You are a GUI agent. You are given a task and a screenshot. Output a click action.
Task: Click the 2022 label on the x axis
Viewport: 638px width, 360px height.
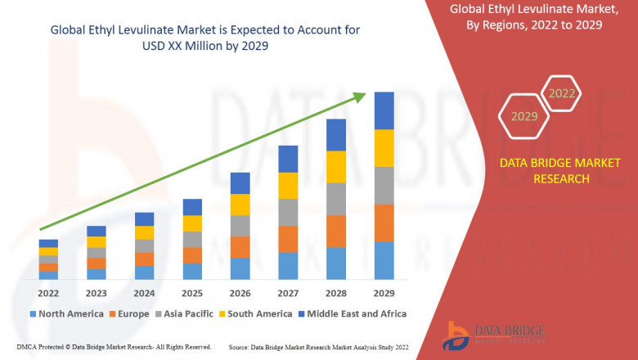tap(47, 293)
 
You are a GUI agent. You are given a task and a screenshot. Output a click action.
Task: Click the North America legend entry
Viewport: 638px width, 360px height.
tap(66, 313)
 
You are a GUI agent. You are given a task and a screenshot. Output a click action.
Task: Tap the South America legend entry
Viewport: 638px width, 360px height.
tap(256, 313)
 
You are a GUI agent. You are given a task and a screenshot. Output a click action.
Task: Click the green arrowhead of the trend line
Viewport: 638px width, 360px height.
tap(360, 97)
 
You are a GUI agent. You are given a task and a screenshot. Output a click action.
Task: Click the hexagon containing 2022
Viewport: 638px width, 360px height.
tap(561, 93)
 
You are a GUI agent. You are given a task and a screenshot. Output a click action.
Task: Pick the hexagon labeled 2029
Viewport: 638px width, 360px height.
tap(523, 117)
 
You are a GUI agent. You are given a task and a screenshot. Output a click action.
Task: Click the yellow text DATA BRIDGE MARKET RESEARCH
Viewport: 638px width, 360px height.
tap(544, 171)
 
